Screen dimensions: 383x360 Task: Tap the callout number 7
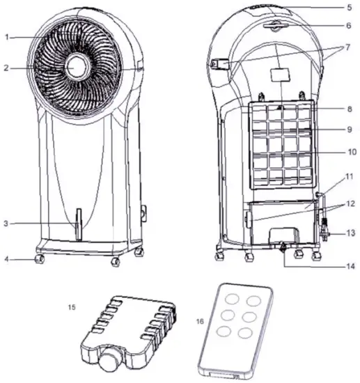pyautogui.click(x=349, y=47)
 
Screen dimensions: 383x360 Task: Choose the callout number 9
pyautogui.click(x=350, y=130)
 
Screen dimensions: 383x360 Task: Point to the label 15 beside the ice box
pyautogui.click(x=72, y=306)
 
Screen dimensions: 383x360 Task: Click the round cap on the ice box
pyautogui.click(x=110, y=361)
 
